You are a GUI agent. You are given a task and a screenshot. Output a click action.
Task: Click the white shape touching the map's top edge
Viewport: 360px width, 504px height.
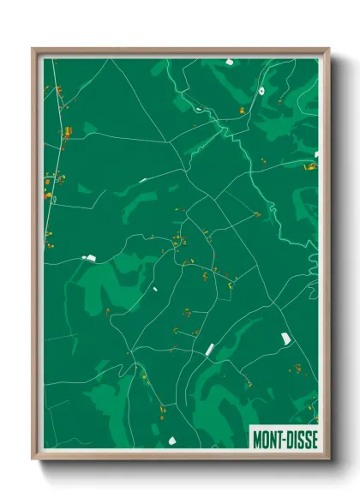pos(231,62)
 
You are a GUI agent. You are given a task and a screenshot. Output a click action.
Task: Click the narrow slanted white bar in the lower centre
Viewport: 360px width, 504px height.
pos(209,348)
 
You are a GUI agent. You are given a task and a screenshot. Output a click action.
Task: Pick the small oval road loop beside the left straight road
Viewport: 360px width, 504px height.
pos(53,199)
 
